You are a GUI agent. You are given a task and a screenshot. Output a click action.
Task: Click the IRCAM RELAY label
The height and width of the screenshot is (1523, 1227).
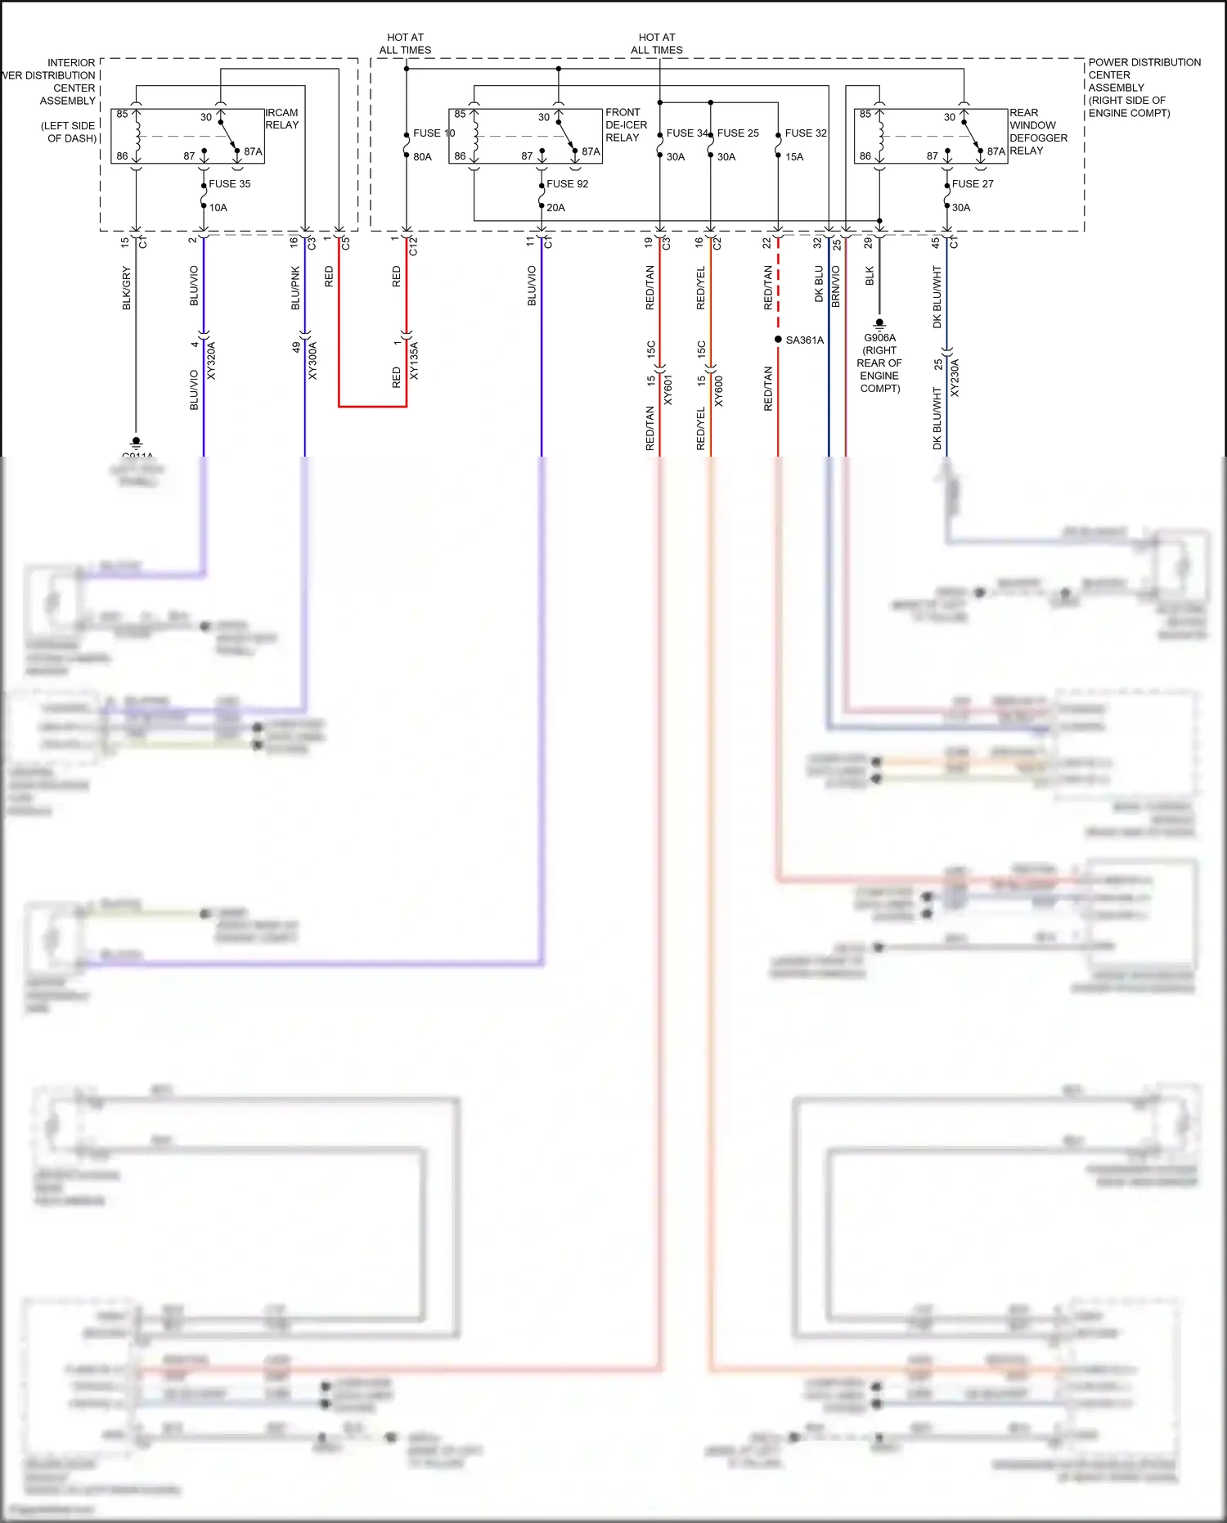pyautogui.click(x=281, y=119)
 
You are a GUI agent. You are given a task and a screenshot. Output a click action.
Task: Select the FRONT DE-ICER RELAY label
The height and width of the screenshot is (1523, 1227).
pyautogui.click(x=626, y=125)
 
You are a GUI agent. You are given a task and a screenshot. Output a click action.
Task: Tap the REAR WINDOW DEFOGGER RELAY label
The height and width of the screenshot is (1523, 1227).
pyautogui.click(x=1037, y=132)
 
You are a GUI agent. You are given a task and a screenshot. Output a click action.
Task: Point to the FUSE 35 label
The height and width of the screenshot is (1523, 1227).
pyautogui.click(x=229, y=184)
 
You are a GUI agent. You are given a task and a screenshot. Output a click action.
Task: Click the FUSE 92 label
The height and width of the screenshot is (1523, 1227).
pyautogui.click(x=567, y=184)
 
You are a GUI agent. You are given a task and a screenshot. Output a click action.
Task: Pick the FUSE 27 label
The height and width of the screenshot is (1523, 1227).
pyautogui.click(x=972, y=184)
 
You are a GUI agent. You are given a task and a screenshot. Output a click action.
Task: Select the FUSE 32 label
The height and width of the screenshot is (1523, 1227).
pyautogui.click(x=805, y=133)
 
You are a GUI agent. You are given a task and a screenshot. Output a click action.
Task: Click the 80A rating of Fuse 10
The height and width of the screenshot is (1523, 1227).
pyautogui.click(x=422, y=157)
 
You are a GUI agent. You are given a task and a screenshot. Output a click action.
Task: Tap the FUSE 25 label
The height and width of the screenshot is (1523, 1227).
pyautogui.click(x=737, y=133)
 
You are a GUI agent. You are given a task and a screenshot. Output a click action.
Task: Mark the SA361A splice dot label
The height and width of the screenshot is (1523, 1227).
pyautogui.click(x=804, y=340)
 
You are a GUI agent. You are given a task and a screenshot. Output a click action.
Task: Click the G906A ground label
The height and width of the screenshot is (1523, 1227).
pyautogui.click(x=879, y=338)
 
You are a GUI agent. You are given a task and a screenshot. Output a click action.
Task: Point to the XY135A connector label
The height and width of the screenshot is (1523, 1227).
pyautogui.click(x=414, y=361)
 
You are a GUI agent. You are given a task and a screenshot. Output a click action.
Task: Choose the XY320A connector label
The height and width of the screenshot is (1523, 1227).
pyautogui.click(x=212, y=361)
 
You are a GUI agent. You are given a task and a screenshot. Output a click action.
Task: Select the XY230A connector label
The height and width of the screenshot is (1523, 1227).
pyautogui.click(x=955, y=378)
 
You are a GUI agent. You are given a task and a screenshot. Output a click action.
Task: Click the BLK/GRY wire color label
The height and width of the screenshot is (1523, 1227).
pyautogui.click(x=127, y=288)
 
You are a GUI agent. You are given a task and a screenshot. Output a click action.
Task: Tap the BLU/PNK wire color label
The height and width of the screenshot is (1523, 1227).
pyautogui.click(x=296, y=288)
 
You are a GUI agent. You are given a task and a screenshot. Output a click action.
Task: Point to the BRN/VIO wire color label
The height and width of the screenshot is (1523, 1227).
pyautogui.click(x=836, y=286)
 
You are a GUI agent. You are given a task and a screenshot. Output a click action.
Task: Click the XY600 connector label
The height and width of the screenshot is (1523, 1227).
pyautogui.click(x=718, y=391)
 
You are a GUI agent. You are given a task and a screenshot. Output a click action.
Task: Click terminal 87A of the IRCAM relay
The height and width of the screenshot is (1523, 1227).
pyautogui.click(x=253, y=151)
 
